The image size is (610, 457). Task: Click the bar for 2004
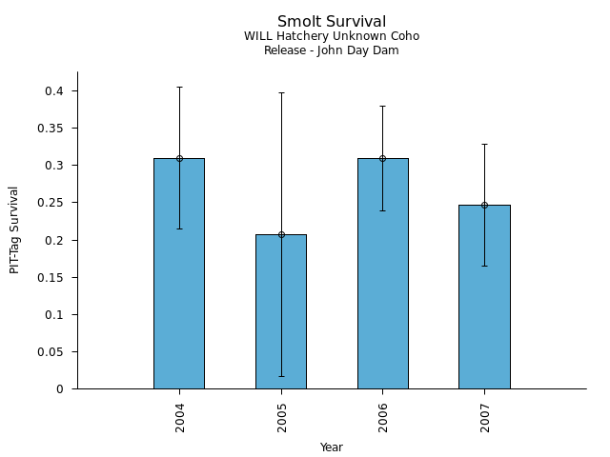coord(179,276)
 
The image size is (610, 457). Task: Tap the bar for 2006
coord(383,276)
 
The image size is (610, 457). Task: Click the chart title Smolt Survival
coord(332,21)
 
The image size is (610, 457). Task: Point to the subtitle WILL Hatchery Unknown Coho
coord(332,36)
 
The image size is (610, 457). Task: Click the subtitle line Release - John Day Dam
coord(332,50)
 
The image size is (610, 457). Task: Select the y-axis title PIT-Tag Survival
coord(14,229)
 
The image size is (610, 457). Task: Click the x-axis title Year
coord(332,447)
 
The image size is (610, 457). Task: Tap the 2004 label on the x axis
coord(179,417)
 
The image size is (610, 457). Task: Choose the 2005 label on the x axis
coord(281,417)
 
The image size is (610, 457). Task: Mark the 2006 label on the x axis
coord(383,417)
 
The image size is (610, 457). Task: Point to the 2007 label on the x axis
coord(484,417)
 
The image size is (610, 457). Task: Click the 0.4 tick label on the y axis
coord(52,91)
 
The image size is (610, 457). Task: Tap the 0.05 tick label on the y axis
coord(50,351)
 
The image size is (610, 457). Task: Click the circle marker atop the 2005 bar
coord(281,234)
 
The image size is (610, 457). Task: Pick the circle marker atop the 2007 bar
coord(484,205)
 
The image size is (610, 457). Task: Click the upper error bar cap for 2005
coord(281,92)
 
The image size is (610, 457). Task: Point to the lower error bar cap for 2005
coord(281,376)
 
